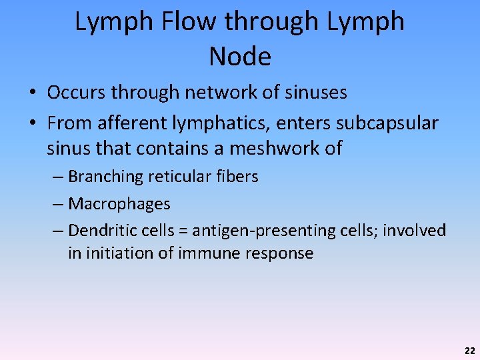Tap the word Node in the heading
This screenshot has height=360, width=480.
240,57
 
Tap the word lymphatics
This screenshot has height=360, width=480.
213,123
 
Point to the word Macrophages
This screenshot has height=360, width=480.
119,203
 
